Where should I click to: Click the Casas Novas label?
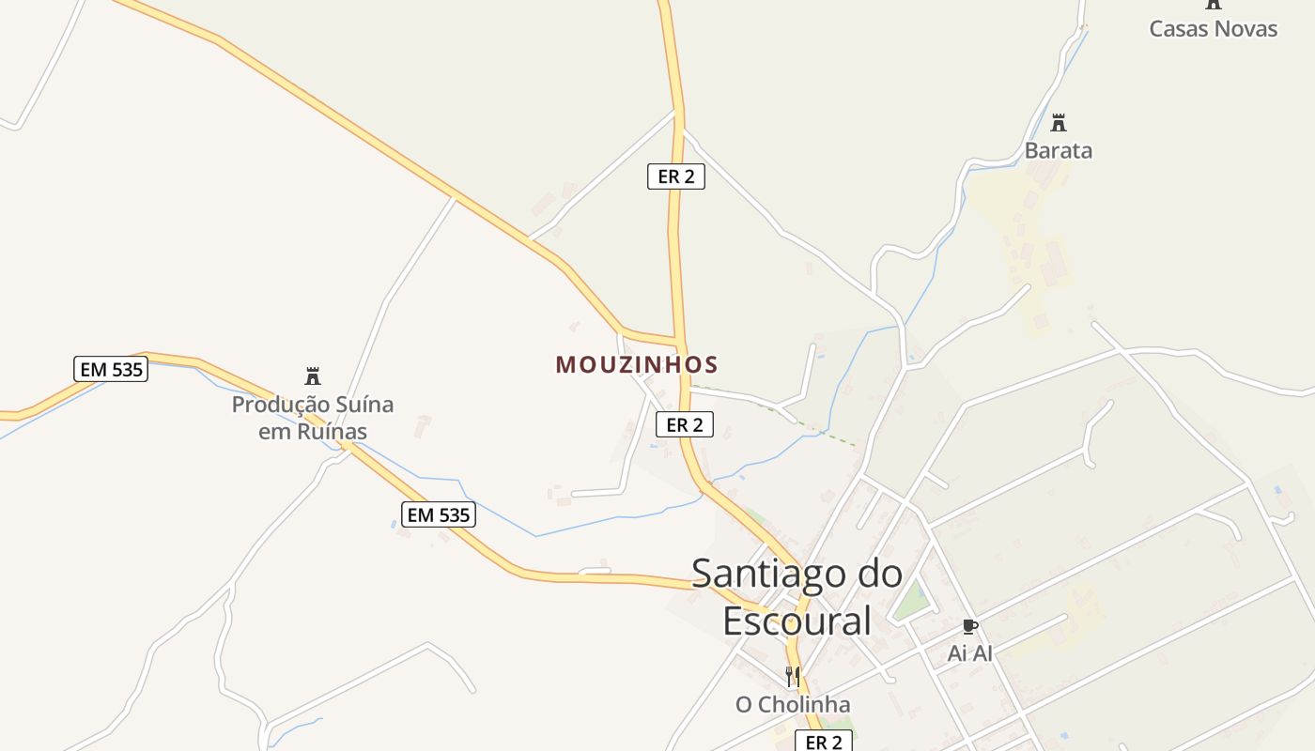tap(1213, 28)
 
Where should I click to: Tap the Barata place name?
tap(1058, 150)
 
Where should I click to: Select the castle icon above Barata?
tap(1059, 122)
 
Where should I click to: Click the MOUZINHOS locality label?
tap(637, 364)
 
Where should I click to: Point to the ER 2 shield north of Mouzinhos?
tap(675, 176)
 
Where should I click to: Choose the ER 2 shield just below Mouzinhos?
tap(684, 424)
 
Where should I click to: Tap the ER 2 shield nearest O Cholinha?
tap(824, 742)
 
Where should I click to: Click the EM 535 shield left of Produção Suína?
tap(112, 369)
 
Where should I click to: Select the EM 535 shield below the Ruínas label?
tap(439, 514)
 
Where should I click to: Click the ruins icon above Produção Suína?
tap(313, 376)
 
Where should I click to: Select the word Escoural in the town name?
tap(797, 621)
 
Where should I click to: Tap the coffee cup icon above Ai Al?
tap(970, 626)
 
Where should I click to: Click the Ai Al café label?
tap(969, 652)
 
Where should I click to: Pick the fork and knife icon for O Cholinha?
tap(793, 676)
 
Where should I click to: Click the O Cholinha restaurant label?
tap(793, 704)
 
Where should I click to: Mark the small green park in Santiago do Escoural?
tap(909, 600)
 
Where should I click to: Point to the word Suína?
tap(364, 405)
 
